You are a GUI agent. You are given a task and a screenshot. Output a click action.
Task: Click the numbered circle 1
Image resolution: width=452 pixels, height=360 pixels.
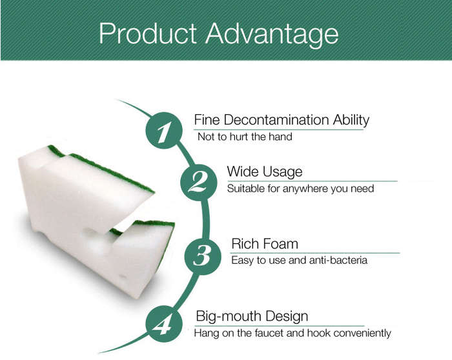pos(164,130)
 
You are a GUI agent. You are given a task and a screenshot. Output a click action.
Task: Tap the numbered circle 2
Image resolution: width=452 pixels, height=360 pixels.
pos(199,183)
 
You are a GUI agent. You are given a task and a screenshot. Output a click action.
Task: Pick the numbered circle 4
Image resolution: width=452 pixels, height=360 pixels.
pos(164,325)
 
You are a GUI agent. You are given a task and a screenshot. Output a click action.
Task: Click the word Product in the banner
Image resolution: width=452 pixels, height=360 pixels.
pos(148,33)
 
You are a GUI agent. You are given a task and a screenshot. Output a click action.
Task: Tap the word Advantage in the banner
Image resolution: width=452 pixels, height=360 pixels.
pos(272,35)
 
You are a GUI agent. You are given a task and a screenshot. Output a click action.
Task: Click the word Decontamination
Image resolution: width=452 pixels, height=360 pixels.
pos(276,119)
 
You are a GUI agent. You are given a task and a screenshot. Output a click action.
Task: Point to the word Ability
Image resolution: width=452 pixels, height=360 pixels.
pos(351,121)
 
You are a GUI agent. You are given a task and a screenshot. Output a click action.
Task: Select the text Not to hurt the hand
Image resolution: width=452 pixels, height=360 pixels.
pos(245,137)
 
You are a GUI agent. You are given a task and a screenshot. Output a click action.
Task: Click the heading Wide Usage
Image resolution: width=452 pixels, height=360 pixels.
pos(265,172)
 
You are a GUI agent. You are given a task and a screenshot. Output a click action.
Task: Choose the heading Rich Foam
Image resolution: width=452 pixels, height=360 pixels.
pos(265,244)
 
